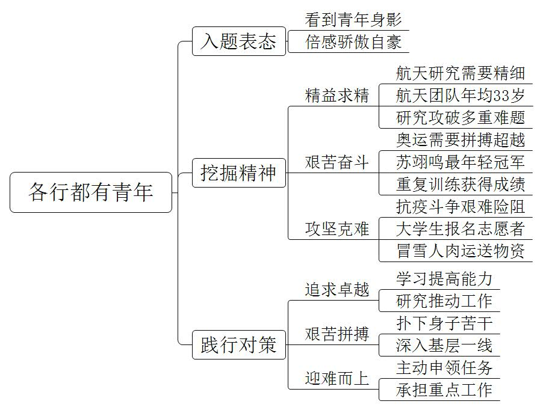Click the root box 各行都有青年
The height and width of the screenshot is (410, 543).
click(x=91, y=192)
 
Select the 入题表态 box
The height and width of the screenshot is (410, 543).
click(x=239, y=41)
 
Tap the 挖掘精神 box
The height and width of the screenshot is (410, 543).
click(x=239, y=173)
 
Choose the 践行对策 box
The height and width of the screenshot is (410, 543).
click(x=239, y=344)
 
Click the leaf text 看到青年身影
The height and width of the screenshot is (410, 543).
click(x=353, y=20)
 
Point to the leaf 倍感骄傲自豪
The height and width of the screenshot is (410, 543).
click(x=353, y=42)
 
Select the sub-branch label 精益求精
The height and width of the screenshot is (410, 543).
click(x=337, y=96)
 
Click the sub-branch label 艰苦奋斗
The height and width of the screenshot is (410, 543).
click(x=337, y=162)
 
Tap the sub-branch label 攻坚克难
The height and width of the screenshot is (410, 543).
click(x=337, y=229)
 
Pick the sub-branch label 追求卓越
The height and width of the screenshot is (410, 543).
click(x=337, y=290)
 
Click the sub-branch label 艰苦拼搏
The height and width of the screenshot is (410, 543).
click(x=337, y=334)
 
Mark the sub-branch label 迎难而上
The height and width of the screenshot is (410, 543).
click(x=337, y=379)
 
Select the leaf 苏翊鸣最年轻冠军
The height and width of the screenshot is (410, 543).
click(x=461, y=162)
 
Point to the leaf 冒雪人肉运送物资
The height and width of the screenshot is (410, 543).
click(x=461, y=251)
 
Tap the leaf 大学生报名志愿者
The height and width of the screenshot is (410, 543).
click(x=461, y=229)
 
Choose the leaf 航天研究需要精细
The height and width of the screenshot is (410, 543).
click(x=461, y=73)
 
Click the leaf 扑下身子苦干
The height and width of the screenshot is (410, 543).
click(x=444, y=323)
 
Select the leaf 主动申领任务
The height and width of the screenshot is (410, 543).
click(x=444, y=367)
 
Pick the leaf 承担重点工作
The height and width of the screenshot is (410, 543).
click(x=444, y=390)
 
